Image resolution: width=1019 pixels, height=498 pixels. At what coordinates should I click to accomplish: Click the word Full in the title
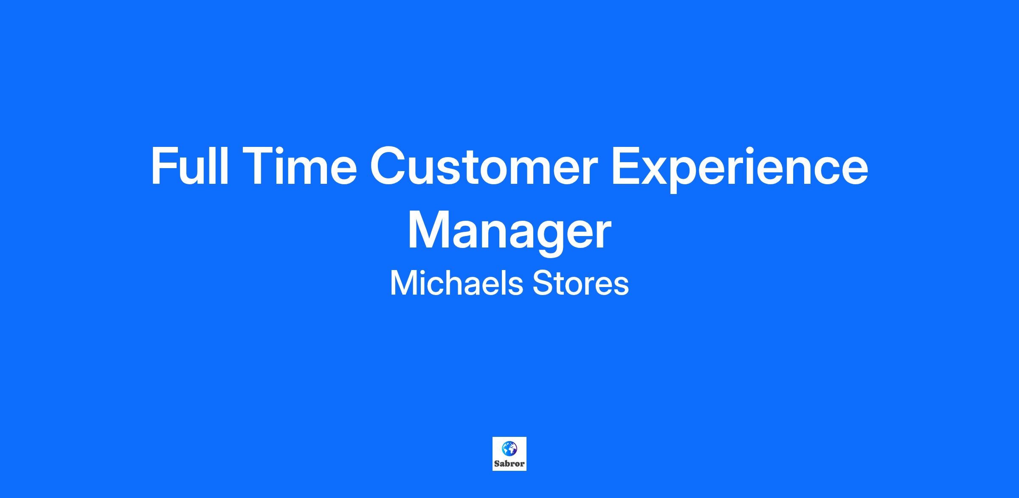point(190,166)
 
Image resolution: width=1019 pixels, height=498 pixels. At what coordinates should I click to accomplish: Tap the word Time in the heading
point(301,166)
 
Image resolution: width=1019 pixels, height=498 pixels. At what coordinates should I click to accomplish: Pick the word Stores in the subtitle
point(581,283)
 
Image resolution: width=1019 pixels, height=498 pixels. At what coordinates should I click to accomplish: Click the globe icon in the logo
point(509,448)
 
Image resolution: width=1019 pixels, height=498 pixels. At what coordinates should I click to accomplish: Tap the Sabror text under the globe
point(509,464)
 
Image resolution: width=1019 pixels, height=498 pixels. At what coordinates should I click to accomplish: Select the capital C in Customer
point(389,166)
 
